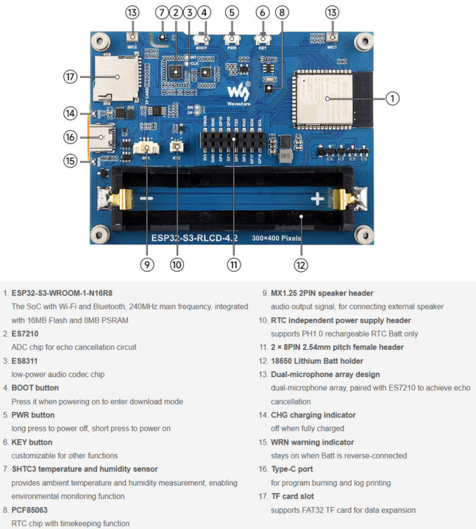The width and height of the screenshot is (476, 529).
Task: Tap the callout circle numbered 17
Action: click(71, 76)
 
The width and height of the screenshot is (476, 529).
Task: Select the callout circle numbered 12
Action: click(300, 264)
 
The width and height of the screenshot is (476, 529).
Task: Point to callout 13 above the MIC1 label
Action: click(333, 12)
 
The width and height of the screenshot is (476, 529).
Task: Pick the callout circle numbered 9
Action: click(148, 264)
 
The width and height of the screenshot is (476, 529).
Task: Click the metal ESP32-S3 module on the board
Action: click(324, 97)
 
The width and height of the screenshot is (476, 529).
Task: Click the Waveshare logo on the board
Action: click(237, 91)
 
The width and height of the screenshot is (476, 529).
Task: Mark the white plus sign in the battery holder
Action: click(317, 198)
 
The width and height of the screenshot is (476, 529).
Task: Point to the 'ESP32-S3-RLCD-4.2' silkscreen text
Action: click(194, 237)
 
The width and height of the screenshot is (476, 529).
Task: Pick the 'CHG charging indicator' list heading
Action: click(313, 415)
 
